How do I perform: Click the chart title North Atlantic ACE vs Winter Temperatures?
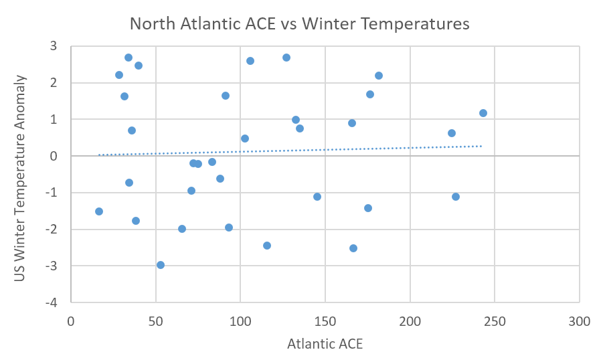point(299,24)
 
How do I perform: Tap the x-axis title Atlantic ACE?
point(325,345)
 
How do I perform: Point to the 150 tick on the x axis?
point(325,321)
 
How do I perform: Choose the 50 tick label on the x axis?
point(155,321)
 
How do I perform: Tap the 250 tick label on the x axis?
point(495,321)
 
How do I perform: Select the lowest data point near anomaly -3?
point(161,265)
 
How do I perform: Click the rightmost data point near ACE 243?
point(483,113)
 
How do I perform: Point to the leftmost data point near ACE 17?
point(99,211)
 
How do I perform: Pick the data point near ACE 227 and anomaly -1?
point(456,197)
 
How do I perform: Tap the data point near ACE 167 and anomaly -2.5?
point(353,248)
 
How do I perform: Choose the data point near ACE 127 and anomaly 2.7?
point(286,58)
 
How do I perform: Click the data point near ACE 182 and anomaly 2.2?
point(379,76)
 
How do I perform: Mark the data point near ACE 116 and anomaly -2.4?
point(267,246)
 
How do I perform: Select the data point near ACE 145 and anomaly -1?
point(317,197)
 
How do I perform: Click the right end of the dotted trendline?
point(482,146)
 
